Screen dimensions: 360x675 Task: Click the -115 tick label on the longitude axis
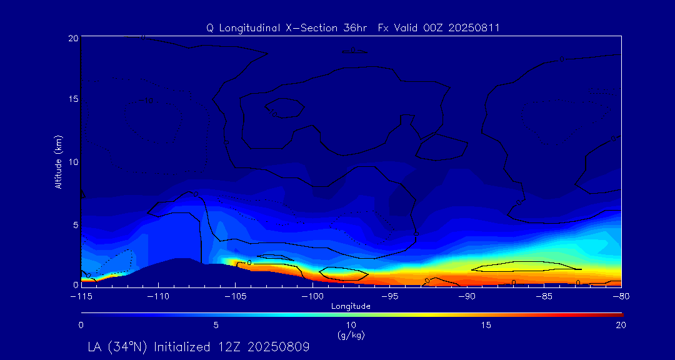[x=81, y=296]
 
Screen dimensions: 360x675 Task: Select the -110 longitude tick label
[x=157, y=296]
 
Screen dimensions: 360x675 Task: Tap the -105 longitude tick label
[x=235, y=296]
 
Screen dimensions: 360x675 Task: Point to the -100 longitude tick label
[x=312, y=296]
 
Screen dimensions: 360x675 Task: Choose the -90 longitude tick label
[x=467, y=296]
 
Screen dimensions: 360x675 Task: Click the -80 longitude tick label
[x=621, y=296]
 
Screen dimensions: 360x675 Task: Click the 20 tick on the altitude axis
[x=72, y=38]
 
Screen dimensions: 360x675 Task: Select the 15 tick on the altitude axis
[x=72, y=100]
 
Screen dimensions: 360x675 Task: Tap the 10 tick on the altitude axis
[x=72, y=162]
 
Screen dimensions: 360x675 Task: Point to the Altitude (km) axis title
[x=58, y=162]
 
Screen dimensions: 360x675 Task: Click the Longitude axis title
[x=351, y=306]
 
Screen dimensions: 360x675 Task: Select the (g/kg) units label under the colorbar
[x=351, y=335]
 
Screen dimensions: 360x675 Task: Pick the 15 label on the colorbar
[x=486, y=325]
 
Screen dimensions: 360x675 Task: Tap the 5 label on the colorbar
[x=216, y=325]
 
